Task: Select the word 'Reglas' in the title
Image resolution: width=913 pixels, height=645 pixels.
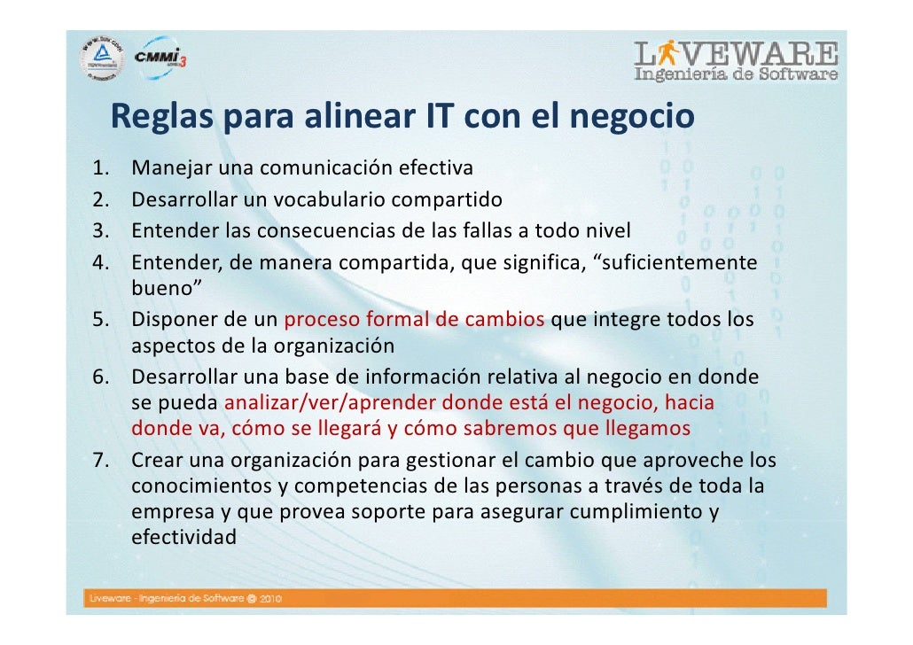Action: tap(161, 118)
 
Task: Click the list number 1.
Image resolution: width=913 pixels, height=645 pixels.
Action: tap(100, 167)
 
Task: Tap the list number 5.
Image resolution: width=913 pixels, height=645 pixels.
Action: tap(100, 320)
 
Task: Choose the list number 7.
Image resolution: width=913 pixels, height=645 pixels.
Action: tap(100, 462)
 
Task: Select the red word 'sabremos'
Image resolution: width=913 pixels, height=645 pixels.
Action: tap(510, 430)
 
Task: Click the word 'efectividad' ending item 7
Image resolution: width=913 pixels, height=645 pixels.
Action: tap(183, 537)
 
